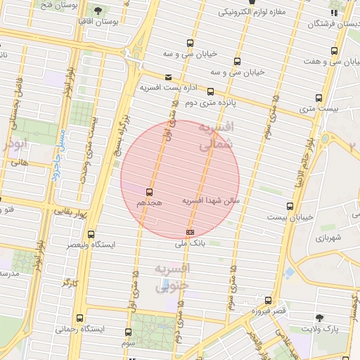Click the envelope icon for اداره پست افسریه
click(167, 77)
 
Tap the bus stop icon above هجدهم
click(149, 191)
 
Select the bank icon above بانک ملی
click(189, 232)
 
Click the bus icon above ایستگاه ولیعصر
click(91, 234)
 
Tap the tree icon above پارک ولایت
click(321, 318)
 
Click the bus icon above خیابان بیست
click(290, 206)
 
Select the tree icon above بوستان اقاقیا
click(97, 11)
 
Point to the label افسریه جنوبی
click(172, 277)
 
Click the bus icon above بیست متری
click(319, 98)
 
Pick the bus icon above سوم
click(128, 332)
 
